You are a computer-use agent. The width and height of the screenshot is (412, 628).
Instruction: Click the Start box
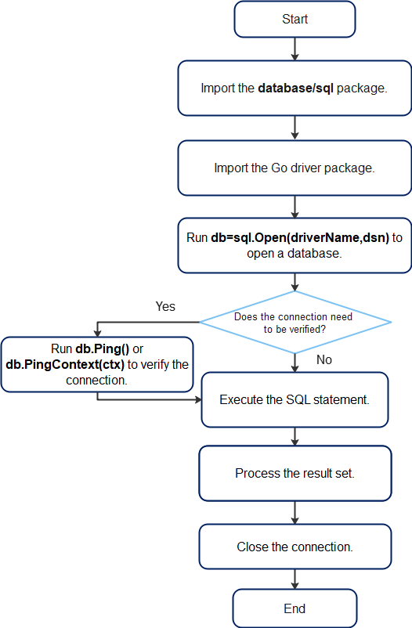click(295, 20)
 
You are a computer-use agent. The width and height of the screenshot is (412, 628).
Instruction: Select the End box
click(295, 608)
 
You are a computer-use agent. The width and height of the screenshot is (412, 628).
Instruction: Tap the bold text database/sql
click(295, 88)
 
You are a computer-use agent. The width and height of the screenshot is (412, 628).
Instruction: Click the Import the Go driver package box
click(295, 168)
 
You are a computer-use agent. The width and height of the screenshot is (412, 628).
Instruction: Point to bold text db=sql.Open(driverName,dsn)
click(300, 237)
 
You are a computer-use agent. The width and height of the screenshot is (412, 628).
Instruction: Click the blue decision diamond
click(295, 323)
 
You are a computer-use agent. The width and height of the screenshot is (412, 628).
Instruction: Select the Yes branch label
click(165, 306)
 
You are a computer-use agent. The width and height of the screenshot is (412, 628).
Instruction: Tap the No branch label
click(323, 359)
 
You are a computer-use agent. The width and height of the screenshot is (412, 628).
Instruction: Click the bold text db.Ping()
click(102, 348)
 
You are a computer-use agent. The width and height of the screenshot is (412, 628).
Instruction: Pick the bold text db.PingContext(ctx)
click(65, 364)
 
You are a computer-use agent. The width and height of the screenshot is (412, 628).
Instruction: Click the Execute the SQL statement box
click(295, 399)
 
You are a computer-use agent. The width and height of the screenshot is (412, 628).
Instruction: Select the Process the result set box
click(295, 473)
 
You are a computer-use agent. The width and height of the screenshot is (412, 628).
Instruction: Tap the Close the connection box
click(295, 547)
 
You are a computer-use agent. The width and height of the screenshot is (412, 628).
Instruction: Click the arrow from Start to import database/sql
click(295, 49)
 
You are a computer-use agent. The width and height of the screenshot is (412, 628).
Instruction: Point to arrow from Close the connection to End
click(295, 579)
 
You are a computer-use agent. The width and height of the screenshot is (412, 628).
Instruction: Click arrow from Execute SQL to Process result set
click(295, 437)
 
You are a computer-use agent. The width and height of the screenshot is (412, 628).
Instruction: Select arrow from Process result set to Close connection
click(295, 513)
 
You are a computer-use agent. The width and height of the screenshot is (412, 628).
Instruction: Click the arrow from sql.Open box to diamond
click(295, 283)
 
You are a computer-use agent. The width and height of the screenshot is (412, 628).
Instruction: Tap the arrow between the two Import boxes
click(295, 128)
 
